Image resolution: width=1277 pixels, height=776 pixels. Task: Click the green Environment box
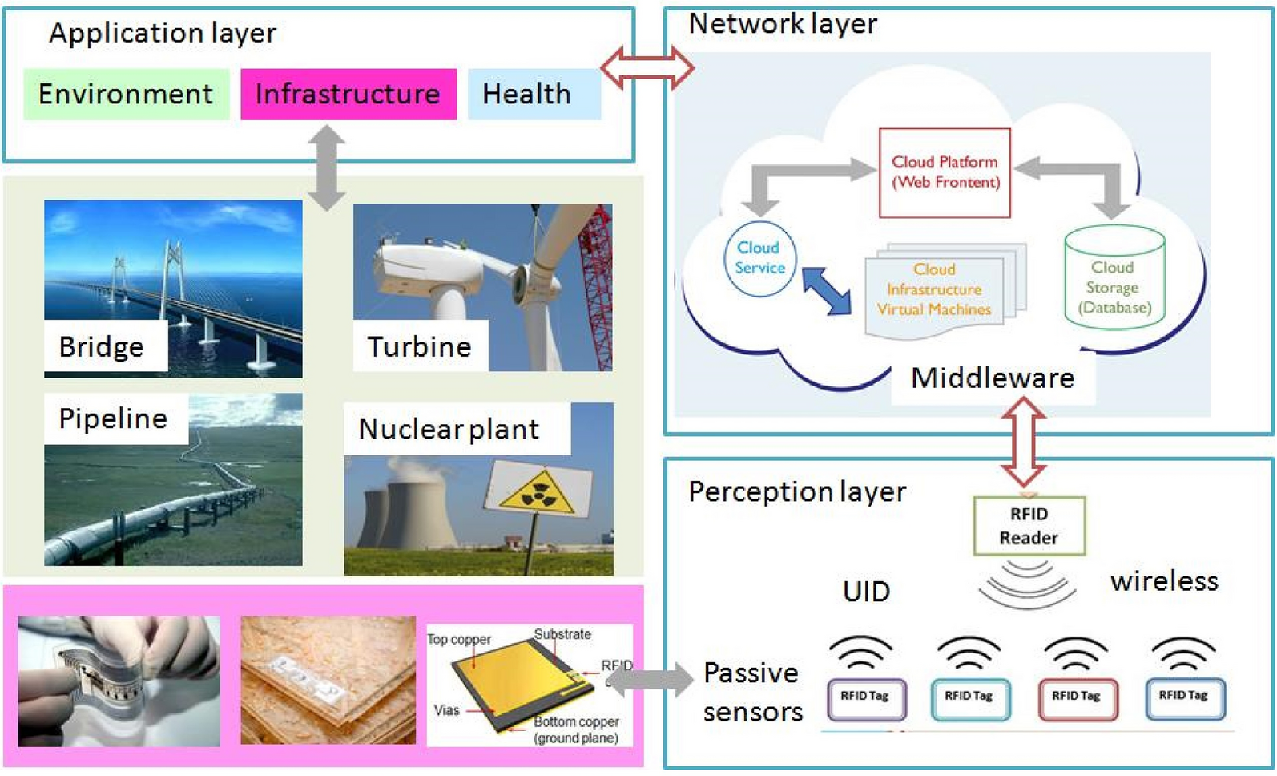pos(127,94)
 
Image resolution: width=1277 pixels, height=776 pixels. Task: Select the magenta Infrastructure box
pos(348,94)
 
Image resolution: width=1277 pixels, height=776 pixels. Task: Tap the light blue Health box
pos(534,94)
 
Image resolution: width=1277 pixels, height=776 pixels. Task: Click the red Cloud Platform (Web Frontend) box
pos(945,172)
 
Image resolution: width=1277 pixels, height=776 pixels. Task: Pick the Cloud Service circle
pos(760,258)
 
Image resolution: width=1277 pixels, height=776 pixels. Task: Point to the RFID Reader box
pos(1029,526)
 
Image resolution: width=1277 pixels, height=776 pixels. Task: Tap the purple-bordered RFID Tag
pos(866,699)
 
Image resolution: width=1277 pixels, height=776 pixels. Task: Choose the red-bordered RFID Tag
pos(1078,699)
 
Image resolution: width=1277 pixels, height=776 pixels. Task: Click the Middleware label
pos(993,378)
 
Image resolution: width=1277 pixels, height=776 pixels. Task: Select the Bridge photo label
pos(102,347)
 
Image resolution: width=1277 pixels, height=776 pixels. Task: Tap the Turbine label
pos(420,347)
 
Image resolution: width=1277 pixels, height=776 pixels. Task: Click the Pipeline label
pos(113,418)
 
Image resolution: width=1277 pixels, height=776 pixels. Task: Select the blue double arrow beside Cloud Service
pos(827,292)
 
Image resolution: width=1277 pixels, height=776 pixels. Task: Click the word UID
pos(867,592)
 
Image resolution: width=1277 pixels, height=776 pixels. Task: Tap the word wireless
pos(1164,581)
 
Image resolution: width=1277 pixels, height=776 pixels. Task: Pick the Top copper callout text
pos(460,640)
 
